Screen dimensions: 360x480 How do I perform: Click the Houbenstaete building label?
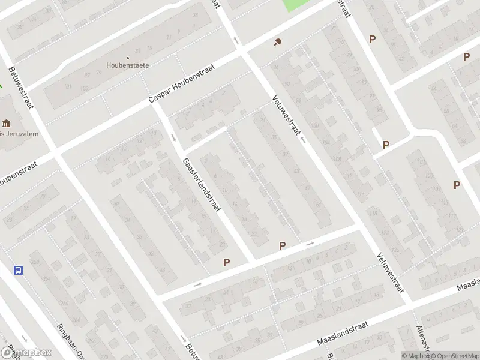(128, 65)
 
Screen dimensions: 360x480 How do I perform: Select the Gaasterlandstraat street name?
(202, 185)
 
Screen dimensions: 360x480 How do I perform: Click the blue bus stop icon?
(19, 270)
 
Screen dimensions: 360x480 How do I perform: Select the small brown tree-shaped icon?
(277, 42)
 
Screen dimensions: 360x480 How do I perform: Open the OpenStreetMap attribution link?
(454, 356)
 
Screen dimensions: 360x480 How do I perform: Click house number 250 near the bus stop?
(35, 262)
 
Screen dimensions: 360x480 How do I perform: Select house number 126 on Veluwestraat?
(394, 250)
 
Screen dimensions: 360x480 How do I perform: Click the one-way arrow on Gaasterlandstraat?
(174, 137)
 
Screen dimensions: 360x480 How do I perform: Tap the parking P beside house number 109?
(457, 185)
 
